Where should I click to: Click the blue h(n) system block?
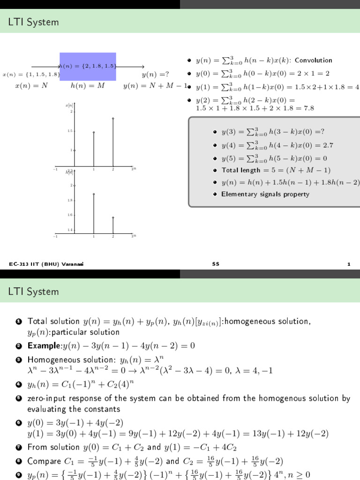[88, 67]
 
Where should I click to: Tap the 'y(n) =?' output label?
[155, 75]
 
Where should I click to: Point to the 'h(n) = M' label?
[88, 86]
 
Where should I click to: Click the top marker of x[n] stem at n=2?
[113, 118]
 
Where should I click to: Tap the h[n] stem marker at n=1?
[94, 194]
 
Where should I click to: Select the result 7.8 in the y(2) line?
[307, 108]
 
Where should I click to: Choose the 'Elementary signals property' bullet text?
[265, 194]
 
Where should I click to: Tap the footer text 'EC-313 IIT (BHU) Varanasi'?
[41, 265]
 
